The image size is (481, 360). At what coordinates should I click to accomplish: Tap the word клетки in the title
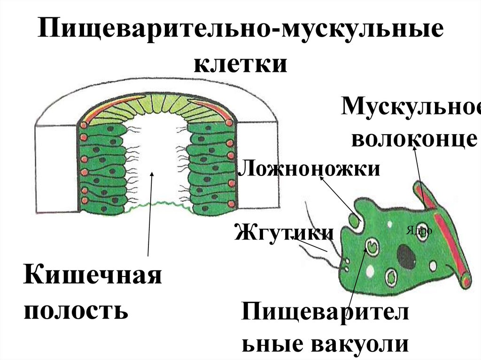(x=240, y=63)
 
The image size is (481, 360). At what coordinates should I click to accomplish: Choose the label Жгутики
(x=284, y=232)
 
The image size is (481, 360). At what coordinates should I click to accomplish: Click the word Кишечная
(x=93, y=277)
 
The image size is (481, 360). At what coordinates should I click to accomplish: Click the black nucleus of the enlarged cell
(x=406, y=257)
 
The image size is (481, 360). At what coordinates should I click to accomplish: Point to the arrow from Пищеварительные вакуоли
(x=358, y=277)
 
